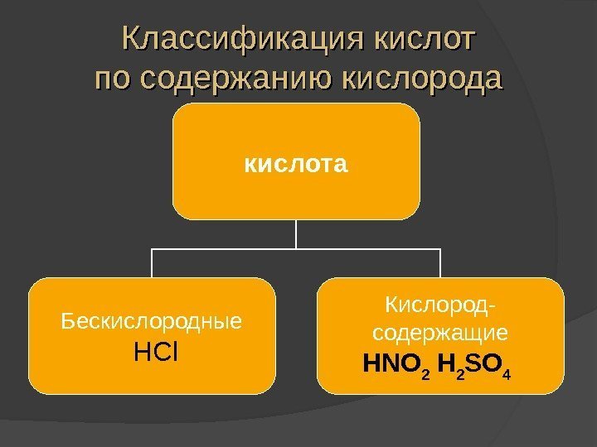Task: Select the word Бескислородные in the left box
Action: [153, 320]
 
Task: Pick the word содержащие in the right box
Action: [439, 334]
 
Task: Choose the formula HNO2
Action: [396, 363]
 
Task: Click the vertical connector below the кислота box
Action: [296, 233]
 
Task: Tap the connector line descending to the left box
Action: [153, 263]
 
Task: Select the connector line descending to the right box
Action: [440, 263]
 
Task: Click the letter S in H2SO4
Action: [477, 363]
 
